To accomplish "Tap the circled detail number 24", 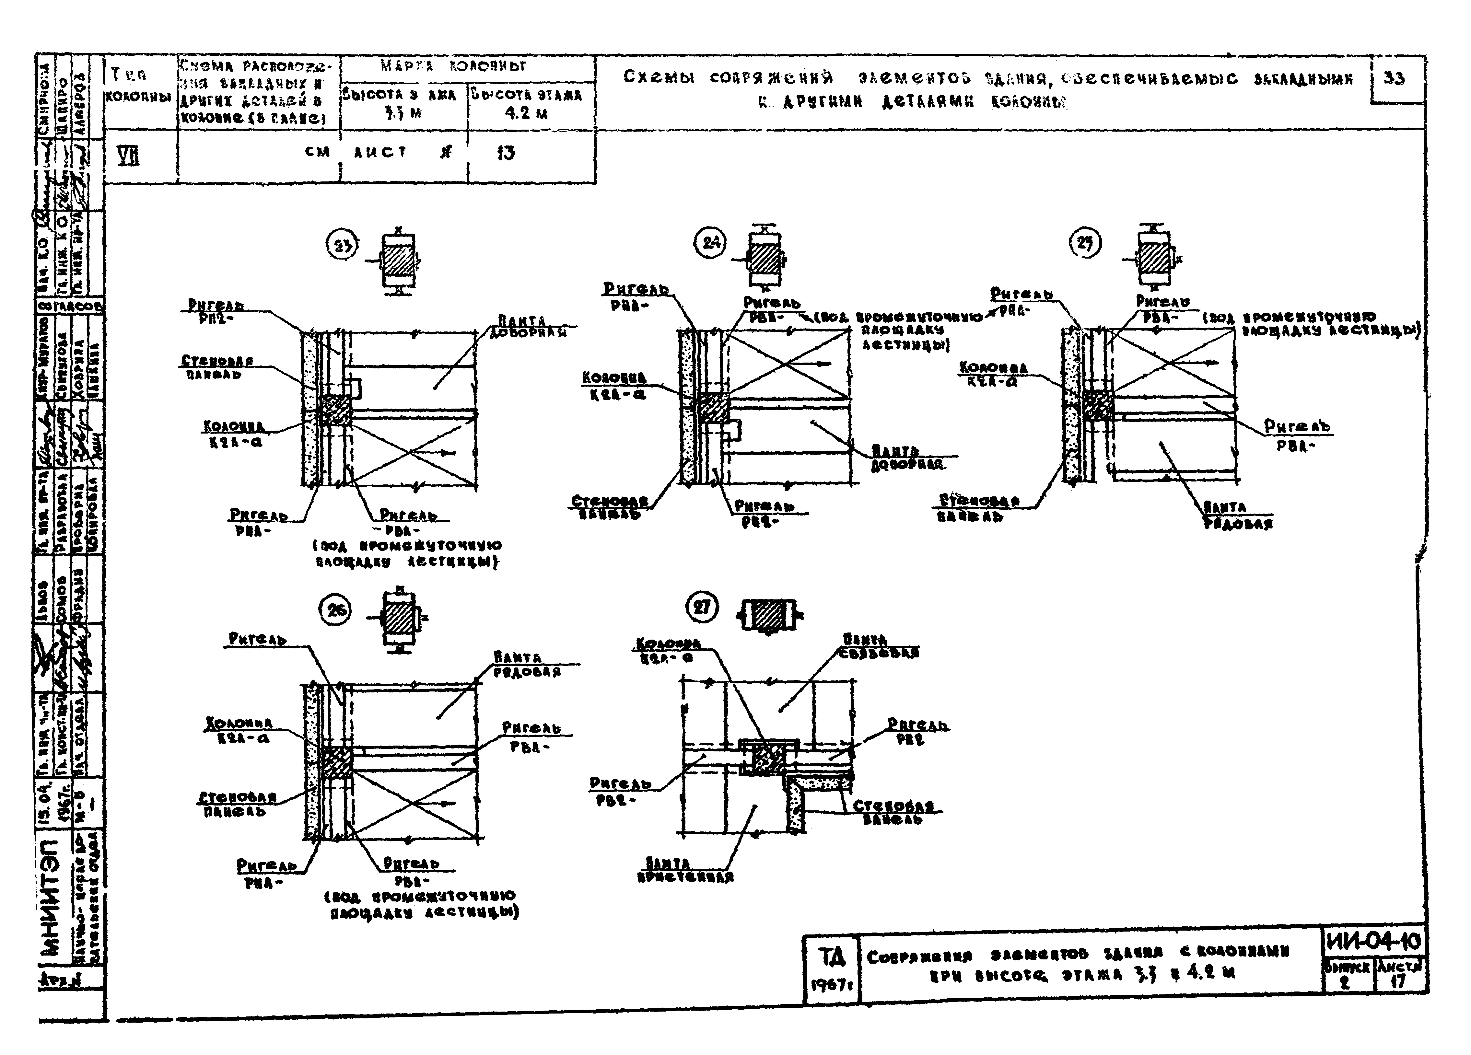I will click(711, 242).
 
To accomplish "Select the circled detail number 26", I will click(335, 610).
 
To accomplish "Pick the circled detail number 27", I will click(702, 608).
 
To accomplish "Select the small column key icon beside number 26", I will click(399, 617).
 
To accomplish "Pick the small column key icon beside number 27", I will click(769, 614).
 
